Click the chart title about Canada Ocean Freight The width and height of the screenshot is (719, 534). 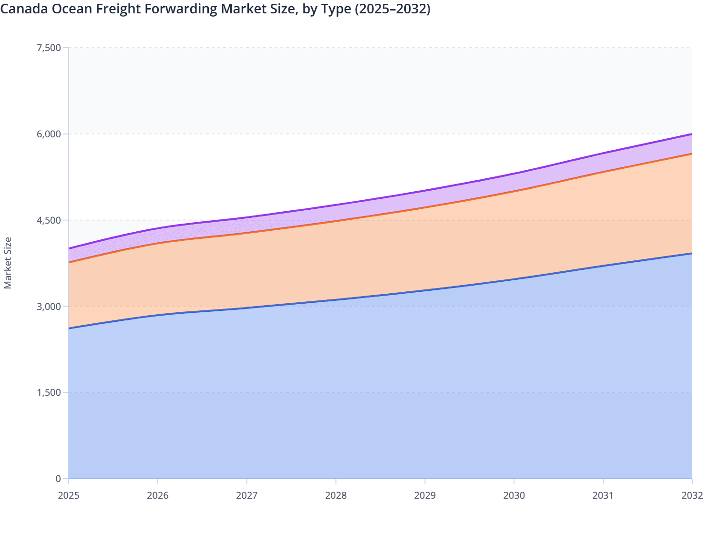(x=216, y=9)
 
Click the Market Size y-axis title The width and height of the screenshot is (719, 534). (x=8, y=263)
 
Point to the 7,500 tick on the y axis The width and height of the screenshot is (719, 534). (x=48, y=48)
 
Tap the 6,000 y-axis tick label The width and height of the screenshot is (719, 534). (x=48, y=134)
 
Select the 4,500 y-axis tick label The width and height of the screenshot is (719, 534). (x=48, y=220)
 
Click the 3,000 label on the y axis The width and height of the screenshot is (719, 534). (x=48, y=306)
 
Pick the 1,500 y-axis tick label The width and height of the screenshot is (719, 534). (x=48, y=392)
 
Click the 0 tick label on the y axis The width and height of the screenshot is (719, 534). (x=58, y=479)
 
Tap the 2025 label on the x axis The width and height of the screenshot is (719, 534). (x=69, y=495)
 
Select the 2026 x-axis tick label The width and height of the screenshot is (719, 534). (x=158, y=495)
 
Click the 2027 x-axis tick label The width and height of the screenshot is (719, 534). (x=247, y=495)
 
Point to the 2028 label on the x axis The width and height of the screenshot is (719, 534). (x=336, y=495)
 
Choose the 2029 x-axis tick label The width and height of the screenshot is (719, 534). (x=425, y=495)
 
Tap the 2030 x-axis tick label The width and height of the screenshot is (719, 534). (x=514, y=495)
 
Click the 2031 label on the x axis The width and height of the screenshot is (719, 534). (x=603, y=495)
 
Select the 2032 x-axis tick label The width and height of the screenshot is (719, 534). (x=692, y=495)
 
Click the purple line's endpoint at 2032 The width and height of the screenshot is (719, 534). (x=692, y=134)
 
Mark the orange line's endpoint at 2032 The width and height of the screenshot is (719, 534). (x=692, y=154)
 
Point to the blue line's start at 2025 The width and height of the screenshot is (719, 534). (x=69, y=328)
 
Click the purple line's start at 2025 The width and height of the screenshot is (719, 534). (x=69, y=248)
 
